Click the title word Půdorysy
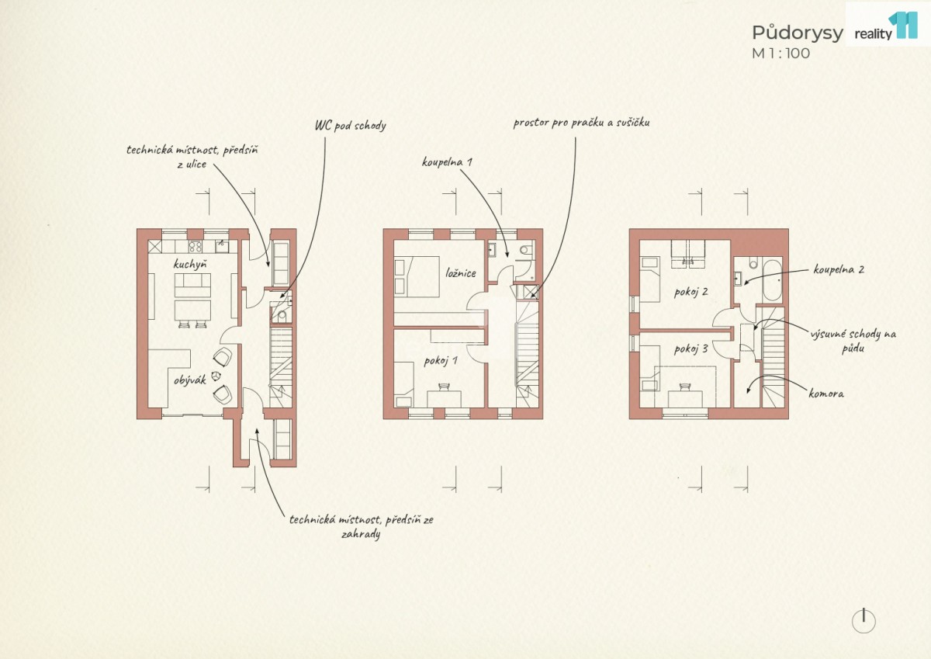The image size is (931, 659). (x=798, y=33)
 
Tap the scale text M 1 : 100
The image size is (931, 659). (x=781, y=54)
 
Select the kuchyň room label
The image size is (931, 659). (x=190, y=265)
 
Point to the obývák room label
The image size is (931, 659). (x=190, y=380)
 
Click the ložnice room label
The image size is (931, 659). (x=461, y=273)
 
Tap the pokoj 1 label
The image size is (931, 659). (x=441, y=361)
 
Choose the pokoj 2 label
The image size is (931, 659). (x=690, y=292)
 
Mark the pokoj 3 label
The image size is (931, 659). (x=690, y=349)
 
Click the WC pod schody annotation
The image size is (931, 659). (x=351, y=126)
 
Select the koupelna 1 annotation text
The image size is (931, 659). (x=447, y=161)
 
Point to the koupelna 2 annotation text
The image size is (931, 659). (x=839, y=269)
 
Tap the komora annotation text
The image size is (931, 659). (x=826, y=394)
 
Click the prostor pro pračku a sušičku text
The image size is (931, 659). (x=581, y=123)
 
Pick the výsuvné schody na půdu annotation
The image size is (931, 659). (x=853, y=341)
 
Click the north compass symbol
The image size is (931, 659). (x=864, y=622)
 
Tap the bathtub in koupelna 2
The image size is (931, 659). (x=772, y=281)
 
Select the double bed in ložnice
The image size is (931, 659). (x=417, y=276)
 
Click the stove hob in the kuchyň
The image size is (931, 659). (x=195, y=247)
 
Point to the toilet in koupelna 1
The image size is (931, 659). (x=527, y=249)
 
